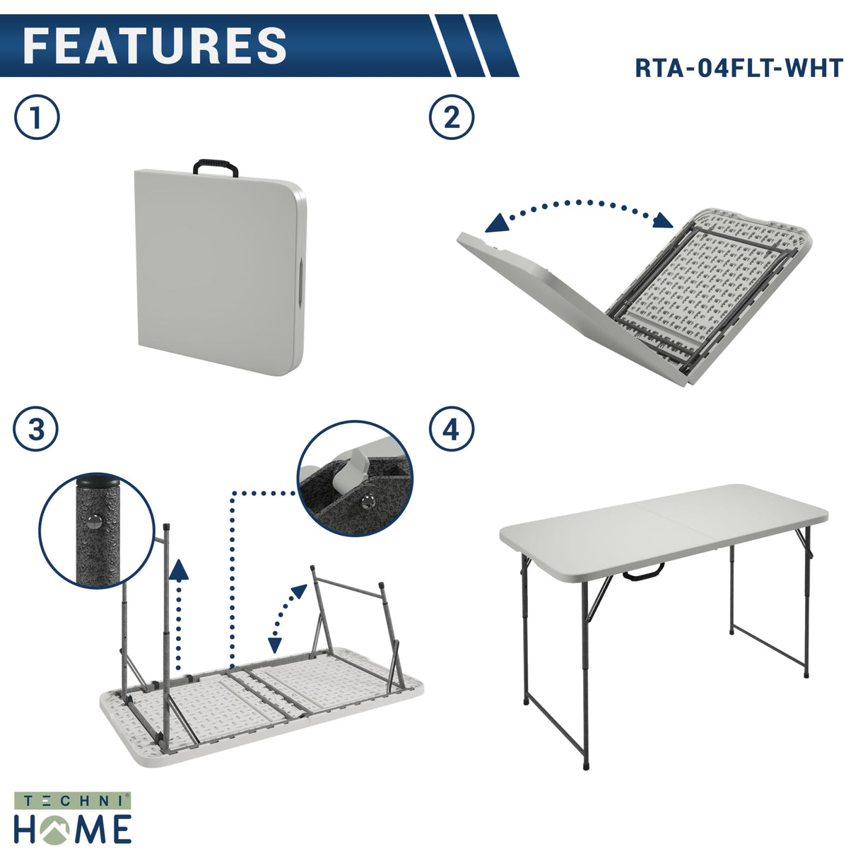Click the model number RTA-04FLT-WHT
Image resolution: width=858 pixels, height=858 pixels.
pos(739,68)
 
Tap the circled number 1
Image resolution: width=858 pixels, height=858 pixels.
pos(37,117)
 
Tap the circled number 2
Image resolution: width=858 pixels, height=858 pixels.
pos(452,117)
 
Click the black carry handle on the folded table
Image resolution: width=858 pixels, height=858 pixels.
pos(215,168)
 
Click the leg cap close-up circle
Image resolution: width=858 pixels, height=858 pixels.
pos(96,530)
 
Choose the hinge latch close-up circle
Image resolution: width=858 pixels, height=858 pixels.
pos(355,478)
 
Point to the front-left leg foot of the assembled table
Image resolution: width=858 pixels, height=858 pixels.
pos(586,764)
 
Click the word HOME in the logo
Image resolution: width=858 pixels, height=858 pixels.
pos(73,828)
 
